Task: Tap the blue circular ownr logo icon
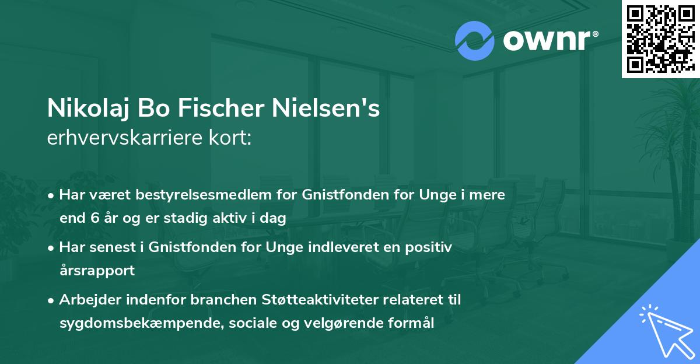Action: coord(475,40)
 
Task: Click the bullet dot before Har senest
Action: coord(52,248)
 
